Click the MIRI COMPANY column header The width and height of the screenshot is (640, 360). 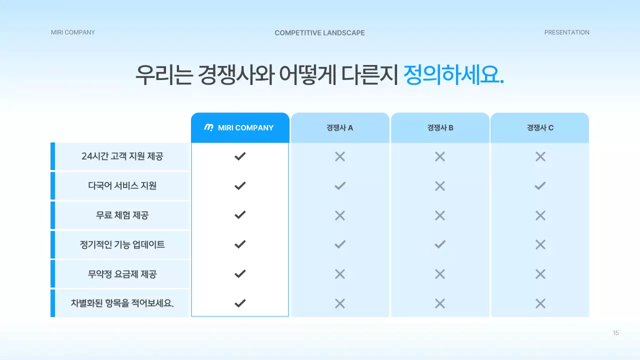pos(240,128)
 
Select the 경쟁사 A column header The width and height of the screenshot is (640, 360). pos(340,128)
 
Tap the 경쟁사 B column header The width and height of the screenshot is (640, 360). pos(440,128)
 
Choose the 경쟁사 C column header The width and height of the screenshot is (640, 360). pos(540,128)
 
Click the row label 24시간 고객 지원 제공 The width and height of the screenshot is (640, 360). pos(122,156)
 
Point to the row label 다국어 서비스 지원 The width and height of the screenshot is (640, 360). pos(122,185)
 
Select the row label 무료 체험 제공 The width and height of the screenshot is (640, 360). pos(122,215)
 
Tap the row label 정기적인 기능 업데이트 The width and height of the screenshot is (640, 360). pos(122,244)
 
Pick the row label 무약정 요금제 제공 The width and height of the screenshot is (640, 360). pos(122,274)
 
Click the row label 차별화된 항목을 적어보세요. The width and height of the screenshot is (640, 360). pos(122,303)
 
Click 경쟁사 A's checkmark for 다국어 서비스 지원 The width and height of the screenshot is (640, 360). pos(340,186)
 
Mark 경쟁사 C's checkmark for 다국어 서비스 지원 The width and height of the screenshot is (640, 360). pos(540,186)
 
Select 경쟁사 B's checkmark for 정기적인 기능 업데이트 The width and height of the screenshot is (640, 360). pos(440,244)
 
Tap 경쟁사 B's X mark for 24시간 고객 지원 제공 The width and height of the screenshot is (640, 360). pos(440,156)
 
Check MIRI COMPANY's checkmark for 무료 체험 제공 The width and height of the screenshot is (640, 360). pos(240,215)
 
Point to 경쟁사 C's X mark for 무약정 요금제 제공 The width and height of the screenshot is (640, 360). pos(540,274)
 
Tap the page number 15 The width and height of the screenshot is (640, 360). pos(615,333)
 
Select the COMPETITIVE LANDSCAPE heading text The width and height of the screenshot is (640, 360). pos(319,33)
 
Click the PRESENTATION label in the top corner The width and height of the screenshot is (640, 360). pos(566,32)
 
